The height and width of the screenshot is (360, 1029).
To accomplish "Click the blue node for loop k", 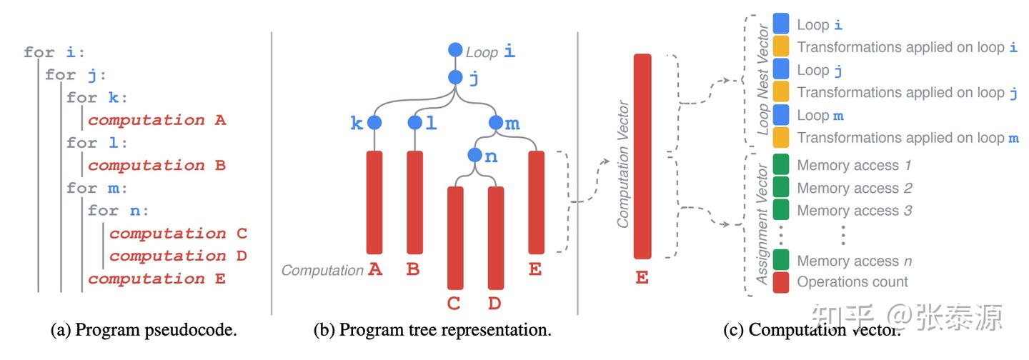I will [374, 123].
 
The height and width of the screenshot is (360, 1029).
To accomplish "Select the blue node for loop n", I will [475, 155].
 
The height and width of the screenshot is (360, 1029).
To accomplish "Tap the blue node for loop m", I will [496, 123].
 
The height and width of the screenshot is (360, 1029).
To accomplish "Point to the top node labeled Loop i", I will [455, 50].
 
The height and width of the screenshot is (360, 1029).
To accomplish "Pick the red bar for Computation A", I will [374, 202].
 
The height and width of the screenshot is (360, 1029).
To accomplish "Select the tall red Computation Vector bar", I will [642, 156].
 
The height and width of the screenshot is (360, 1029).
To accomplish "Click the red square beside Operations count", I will [781, 282].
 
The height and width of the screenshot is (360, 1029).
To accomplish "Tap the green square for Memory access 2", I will [781, 188].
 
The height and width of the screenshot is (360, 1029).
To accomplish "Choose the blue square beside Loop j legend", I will [781, 69].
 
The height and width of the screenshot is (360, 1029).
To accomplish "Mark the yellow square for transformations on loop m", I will [781, 137].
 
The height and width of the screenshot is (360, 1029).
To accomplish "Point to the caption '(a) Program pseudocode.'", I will [144, 330].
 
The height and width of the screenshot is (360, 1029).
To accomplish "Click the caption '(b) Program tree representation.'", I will [432, 330].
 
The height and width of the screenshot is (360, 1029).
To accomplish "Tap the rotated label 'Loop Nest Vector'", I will [762, 80].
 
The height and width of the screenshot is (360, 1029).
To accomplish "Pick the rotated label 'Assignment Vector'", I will [762, 224].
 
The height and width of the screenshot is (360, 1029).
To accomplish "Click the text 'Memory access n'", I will [854, 261].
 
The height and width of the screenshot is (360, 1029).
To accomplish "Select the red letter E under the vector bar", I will [642, 277].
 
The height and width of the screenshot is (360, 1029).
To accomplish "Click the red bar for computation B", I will [414, 202].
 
